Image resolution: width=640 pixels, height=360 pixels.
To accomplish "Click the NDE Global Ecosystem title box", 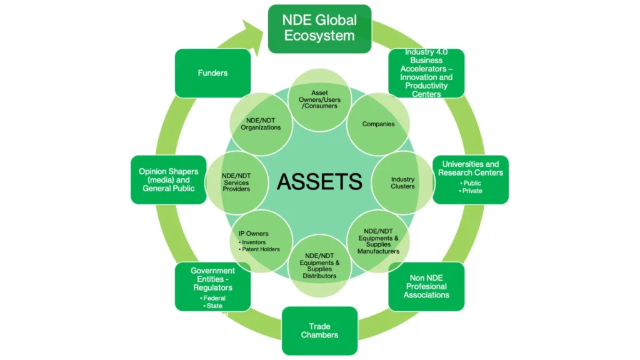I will tap(319, 29).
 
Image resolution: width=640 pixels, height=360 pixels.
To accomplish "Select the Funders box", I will tap(212, 73).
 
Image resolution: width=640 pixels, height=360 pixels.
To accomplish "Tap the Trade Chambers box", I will tap(319, 331).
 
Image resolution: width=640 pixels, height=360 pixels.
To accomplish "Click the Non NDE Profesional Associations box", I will tap(426, 286).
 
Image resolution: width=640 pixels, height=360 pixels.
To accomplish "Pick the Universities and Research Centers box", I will tap(470, 179).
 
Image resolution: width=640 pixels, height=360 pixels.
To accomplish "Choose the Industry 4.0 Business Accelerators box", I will tap(426, 73).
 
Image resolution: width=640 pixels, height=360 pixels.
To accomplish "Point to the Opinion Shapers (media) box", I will tap(168, 179).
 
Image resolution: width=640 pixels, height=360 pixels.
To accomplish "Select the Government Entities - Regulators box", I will tap(212, 286).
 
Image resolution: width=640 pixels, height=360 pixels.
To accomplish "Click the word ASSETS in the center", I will tap(319, 182).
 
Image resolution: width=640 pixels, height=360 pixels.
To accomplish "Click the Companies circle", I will tap(378, 124).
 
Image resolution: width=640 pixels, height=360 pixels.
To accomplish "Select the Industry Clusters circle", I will tap(402, 182).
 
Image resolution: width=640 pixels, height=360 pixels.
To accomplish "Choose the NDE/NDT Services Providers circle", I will tap(236, 182).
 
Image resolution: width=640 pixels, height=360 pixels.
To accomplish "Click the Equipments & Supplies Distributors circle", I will tap(320, 266).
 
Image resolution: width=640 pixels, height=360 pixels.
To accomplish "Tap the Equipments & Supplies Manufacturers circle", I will tap(378, 241).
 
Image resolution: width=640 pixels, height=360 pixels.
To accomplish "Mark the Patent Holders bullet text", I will tap(262, 249).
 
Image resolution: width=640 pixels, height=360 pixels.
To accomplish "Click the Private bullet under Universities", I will tap(472, 191).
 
